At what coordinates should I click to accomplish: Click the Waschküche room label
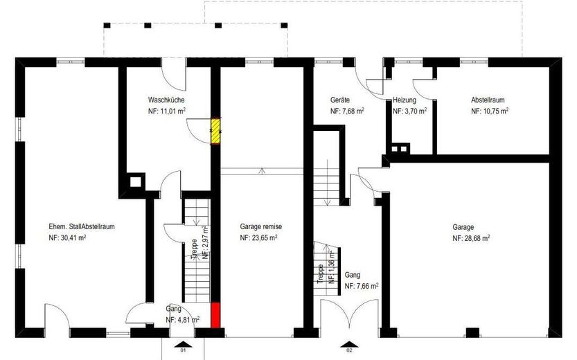(x=166, y=100)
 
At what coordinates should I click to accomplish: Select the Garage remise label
(x=261, y=227)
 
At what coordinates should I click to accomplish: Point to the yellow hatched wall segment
(x=215, y=131)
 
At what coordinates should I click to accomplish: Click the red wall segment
(x=215, y=315)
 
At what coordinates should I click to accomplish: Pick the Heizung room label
(x=405, y=100)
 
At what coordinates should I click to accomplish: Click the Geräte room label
(x=340, y=100)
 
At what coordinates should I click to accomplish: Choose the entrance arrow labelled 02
(x=350, y=344)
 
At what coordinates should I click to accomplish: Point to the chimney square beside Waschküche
(x=136, y=181)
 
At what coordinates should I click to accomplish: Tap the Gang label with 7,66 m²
(x=353, y=275)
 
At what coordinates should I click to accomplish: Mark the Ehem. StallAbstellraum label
(x=82, y=227)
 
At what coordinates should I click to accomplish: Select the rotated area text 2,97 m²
(x=206, y=243)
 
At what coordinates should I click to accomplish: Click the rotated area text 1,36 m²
(x=332, y=267)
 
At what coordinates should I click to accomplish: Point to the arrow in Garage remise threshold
(x=262, y=171)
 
